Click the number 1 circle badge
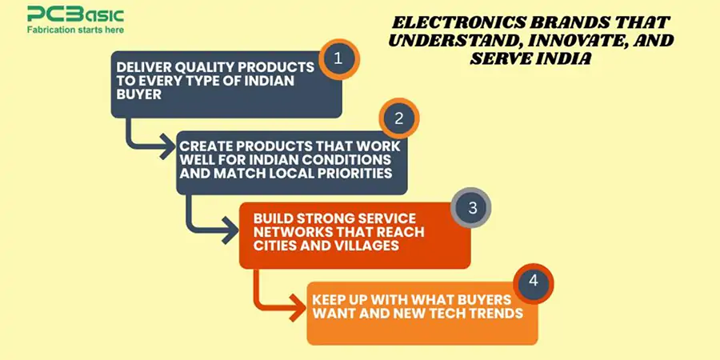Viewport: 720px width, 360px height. (339, 58)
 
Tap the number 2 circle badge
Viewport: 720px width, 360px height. (399, 119)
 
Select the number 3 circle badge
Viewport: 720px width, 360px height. (471, 209)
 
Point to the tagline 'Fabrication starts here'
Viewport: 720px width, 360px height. (75, 30)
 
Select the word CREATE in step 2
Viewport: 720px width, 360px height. (204, 146)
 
